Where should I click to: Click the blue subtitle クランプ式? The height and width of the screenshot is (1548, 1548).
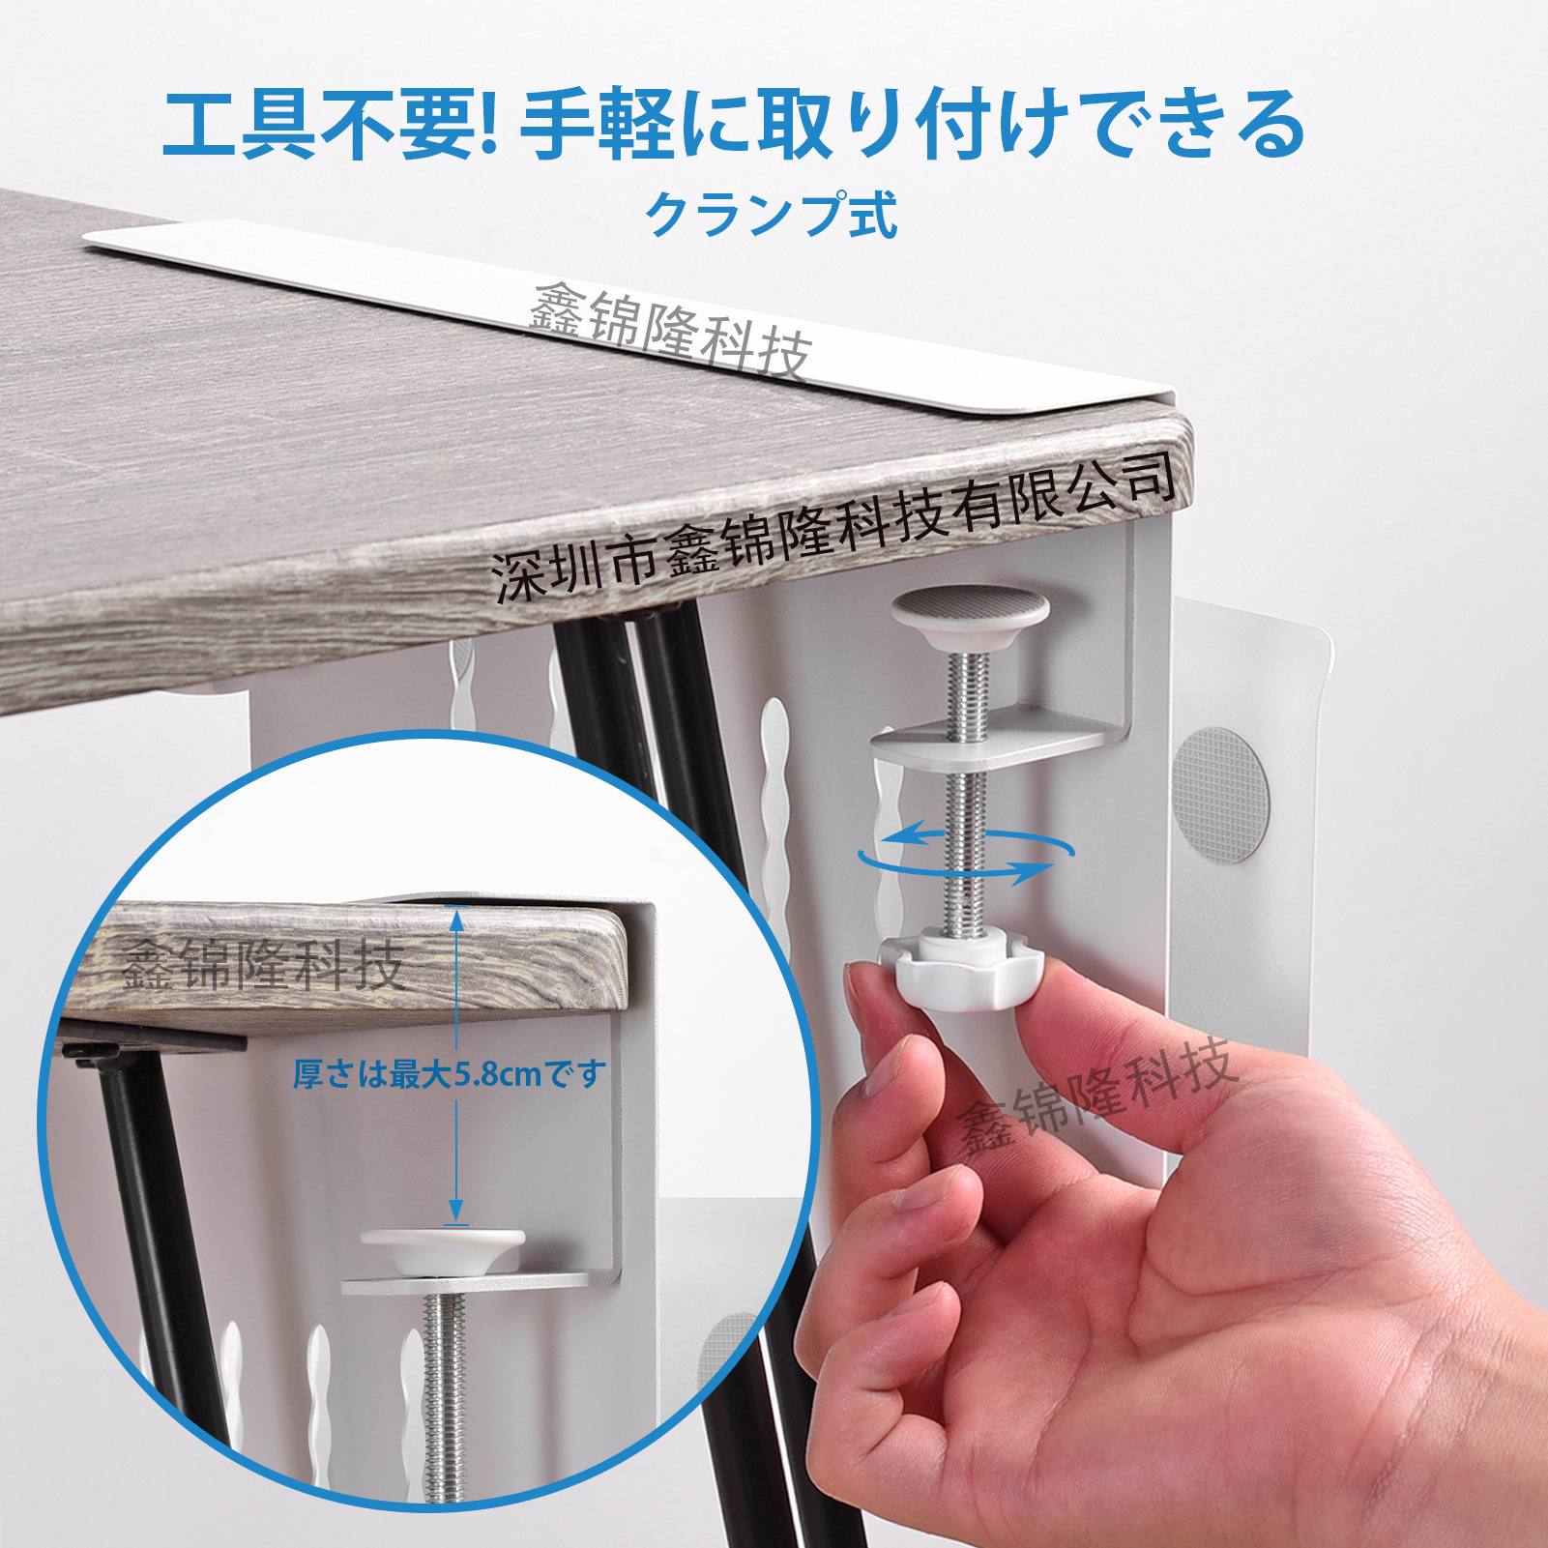click(772, 215)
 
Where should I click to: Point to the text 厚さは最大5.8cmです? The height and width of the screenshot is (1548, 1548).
click(450, 1073)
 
